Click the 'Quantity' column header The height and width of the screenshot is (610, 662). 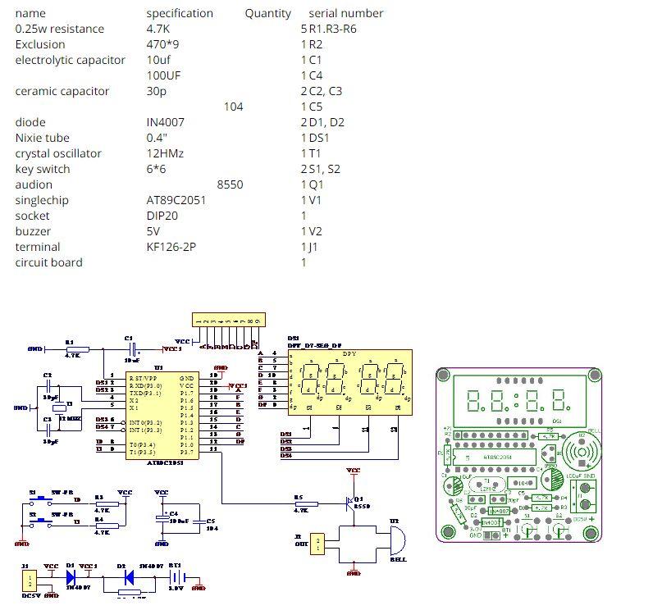tap(267, 13)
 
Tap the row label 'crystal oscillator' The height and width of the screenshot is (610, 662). tap(58, 153)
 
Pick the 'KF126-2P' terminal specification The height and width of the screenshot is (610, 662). tap(171, 247)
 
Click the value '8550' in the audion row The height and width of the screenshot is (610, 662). tap(230, 184)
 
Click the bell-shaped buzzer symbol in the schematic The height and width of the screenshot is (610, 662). tap(395, 541)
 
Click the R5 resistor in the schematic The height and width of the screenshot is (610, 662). tap(299, 501)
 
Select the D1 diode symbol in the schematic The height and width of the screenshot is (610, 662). tap(71, 576)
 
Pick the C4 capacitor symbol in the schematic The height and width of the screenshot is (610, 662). tap(162, 519)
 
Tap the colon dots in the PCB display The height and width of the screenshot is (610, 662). tap(514, 401)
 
